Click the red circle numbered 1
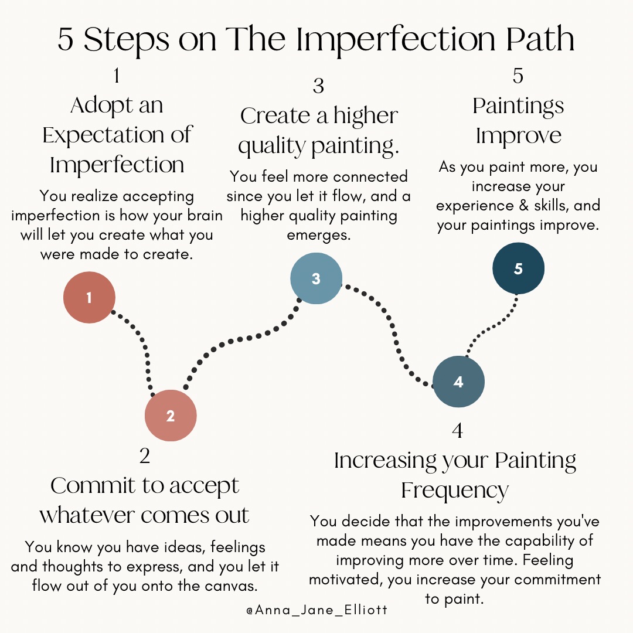point(89,298)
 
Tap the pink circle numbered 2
point(171,416)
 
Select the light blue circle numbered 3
point(316,278)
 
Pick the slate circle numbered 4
point(458,382)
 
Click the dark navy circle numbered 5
point(518,268)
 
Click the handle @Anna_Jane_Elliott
point(316,610)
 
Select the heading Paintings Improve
point(518,121)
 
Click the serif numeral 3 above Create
point(318,87)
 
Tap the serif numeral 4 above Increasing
point(457,431)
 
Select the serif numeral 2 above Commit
point(145,456)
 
